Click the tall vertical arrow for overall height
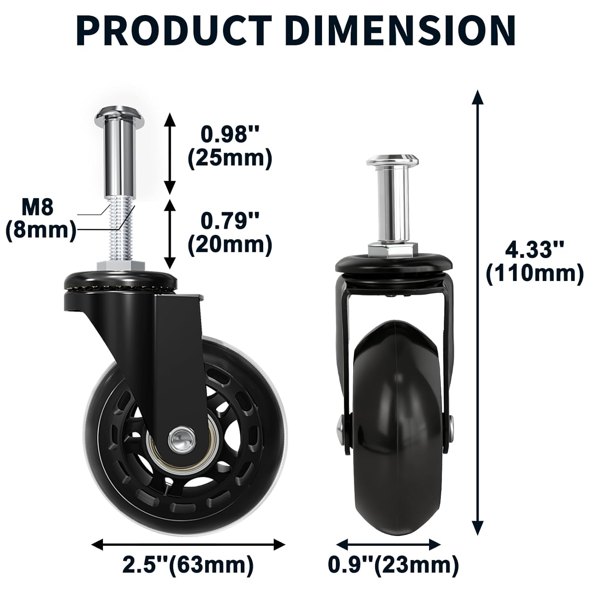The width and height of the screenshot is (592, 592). [478, 312]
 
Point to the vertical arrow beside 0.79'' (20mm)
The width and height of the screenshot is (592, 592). [170, 234]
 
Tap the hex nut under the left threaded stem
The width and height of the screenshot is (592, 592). [120, 265]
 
